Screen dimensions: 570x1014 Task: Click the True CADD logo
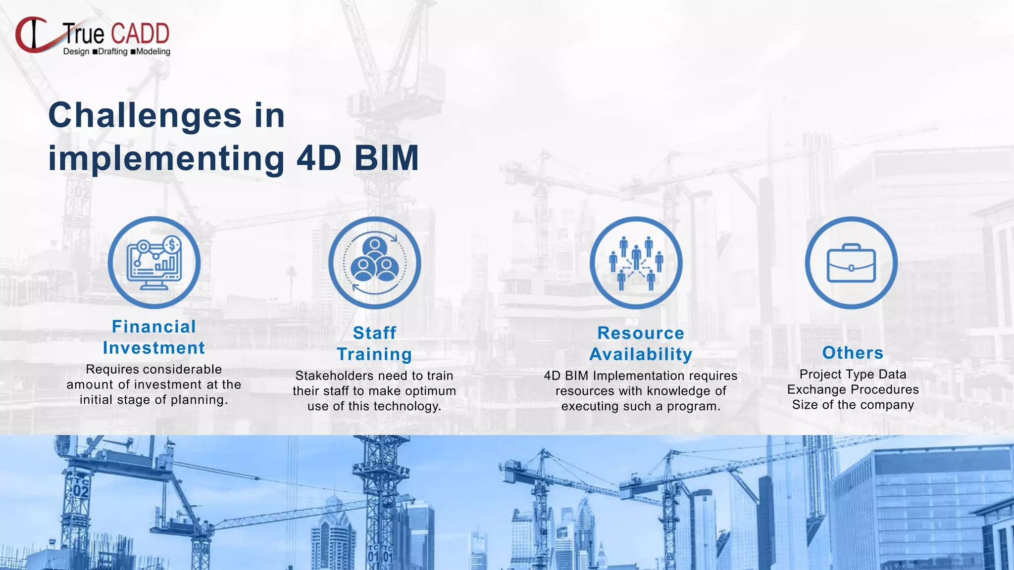(93, 36)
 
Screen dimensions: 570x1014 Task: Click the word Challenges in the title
(145, 116)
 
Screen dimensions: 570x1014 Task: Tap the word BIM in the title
(387, 159)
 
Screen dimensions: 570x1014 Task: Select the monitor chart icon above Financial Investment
(154, 263)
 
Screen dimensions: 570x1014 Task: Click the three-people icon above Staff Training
(375, 263)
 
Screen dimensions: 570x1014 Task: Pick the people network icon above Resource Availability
(636, 263)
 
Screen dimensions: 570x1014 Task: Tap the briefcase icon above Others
(851, 263)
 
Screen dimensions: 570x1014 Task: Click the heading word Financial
(154, 327)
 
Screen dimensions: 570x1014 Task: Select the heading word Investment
(154, 348)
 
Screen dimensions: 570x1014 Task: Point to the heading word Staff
(375, 333)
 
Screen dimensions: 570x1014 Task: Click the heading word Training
(375, 354)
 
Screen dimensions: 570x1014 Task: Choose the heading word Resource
(641, 333)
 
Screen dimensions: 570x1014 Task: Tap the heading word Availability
(641, 354)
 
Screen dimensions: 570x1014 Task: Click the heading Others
(853, 353)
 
